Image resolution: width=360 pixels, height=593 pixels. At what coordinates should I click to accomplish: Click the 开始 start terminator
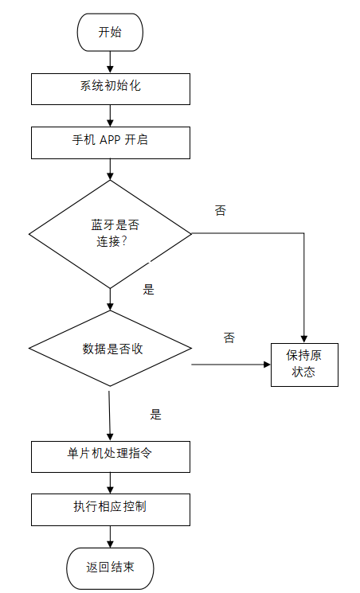point(110,33)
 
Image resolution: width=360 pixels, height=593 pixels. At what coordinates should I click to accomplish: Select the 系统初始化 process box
point(111,88)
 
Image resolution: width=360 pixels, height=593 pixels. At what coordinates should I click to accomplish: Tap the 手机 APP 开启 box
point(111,142)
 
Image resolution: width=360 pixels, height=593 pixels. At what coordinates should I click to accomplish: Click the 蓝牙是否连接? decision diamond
point(111,233)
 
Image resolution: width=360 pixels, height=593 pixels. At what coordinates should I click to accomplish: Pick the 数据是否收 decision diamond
point(111,349)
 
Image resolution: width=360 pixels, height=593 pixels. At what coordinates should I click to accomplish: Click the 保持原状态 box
point(304,364)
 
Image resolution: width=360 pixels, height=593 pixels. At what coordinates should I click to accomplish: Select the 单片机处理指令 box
point(111,456)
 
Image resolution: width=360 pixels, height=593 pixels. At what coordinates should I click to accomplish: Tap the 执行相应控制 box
point(111,509)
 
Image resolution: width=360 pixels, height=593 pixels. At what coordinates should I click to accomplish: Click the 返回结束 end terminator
point(110,568)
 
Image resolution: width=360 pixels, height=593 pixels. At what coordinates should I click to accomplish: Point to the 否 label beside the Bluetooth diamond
point(221,211)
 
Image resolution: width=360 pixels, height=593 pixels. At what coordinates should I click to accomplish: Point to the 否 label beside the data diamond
point(229,337)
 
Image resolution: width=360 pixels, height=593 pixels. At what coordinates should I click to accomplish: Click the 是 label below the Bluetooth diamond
point(148,290)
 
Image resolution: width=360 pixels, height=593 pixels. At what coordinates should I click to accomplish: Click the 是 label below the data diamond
point(156,414)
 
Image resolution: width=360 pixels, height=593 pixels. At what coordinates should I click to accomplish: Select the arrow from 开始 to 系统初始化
point(110,62)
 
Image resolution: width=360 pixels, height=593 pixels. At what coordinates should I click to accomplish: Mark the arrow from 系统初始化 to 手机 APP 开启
point(110,115)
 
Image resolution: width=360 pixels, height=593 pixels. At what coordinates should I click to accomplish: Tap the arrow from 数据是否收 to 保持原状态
point(231,365)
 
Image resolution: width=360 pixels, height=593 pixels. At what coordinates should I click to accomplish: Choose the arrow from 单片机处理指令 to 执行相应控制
point(110,482)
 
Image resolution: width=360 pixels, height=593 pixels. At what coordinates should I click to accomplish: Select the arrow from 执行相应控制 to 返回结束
point(110,536)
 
